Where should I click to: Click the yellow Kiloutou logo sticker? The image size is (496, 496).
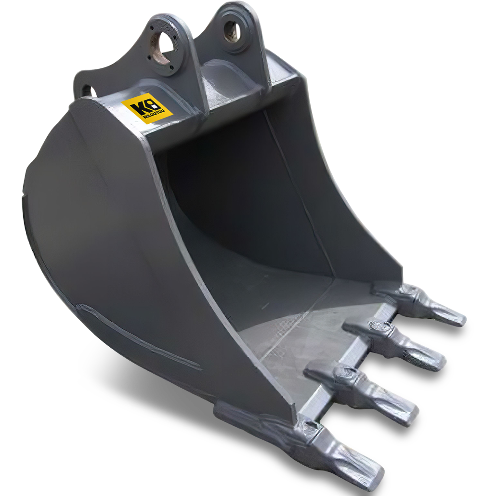point(147,108)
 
